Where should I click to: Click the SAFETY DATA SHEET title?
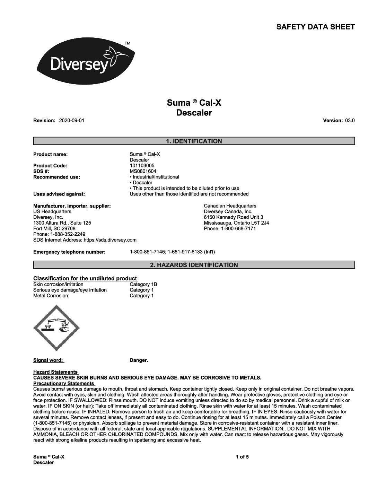pos(315,27)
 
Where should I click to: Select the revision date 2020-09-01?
pos(72,121)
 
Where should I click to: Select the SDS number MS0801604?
pos(143,171)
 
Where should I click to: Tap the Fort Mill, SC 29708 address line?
pos(54,228)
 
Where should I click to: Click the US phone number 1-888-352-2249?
pos(59,234)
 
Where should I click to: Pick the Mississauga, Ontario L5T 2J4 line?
pos(236,223)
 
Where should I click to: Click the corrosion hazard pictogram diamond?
pos(56,328)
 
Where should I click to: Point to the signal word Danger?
pos(139,360)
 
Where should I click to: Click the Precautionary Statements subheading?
pos(64,383)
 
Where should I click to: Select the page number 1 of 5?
pos(242,457)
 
